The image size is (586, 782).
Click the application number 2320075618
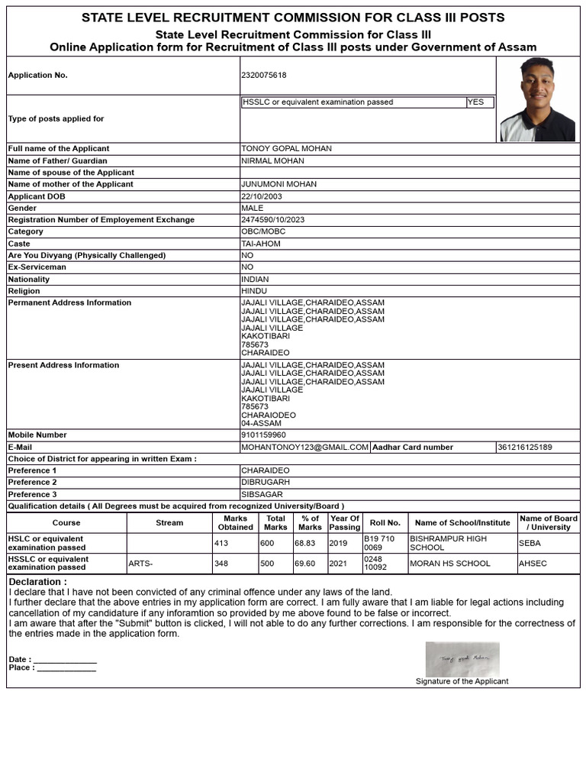264,76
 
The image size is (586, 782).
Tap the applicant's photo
537,99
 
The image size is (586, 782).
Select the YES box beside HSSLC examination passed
479,102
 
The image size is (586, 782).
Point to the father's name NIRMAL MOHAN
272,161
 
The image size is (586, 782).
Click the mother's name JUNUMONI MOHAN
279,185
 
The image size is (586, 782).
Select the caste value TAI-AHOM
261,244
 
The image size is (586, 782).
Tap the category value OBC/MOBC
262,231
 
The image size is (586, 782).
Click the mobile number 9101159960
263,435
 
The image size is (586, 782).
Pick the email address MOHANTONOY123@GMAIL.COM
305,447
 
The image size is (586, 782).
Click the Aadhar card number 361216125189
525,447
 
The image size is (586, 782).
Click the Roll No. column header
385,523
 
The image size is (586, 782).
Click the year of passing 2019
338,543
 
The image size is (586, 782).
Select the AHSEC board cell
533,564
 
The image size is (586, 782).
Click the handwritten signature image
462,658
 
